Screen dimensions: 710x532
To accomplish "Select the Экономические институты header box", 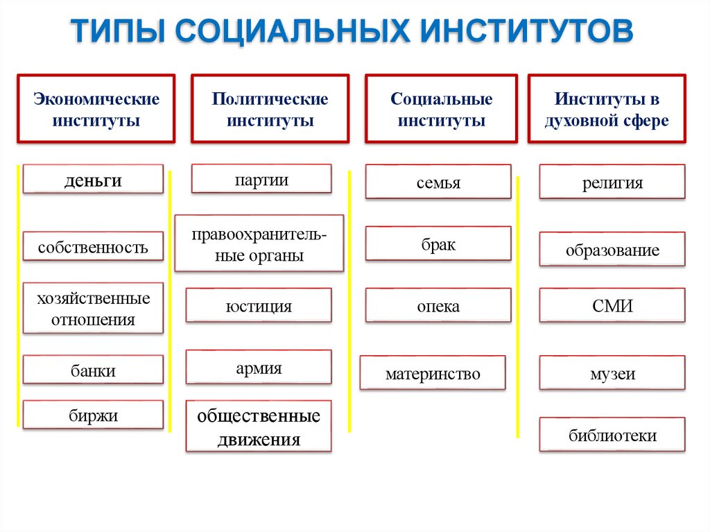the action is pos(96,110).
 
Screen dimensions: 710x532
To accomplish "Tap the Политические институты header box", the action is pos(270,110).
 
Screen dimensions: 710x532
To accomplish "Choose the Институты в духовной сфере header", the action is pos(606,110).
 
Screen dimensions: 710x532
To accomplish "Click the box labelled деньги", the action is pos(93,180).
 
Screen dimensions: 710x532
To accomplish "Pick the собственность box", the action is pos(93,246).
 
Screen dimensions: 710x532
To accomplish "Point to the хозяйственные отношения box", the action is pos(93,309).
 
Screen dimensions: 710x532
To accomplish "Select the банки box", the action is pos(93,370).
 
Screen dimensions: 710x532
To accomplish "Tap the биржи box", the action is pos(93,415).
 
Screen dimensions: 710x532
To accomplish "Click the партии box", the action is pos(261,180).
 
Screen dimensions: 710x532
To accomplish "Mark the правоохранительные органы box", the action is pos(259,244).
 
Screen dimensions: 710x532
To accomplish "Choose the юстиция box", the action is pos(259,306).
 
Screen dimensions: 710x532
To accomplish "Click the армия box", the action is pos(259,368).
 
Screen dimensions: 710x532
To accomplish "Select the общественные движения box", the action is pos(259,427).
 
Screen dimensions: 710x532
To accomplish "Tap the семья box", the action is pos(438,182).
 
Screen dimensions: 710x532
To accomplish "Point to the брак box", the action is pos(438,244).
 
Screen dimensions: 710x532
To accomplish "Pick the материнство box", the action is pos(433,374).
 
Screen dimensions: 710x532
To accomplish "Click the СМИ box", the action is pos(612,306).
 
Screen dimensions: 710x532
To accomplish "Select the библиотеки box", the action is pos(612,436).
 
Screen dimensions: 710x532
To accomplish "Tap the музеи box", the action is pos(612,374).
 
